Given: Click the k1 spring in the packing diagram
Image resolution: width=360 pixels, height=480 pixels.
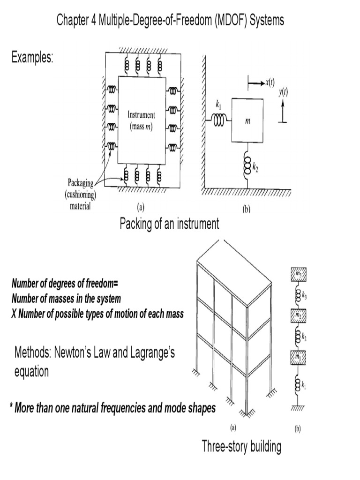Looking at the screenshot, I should click(x=219, y=120).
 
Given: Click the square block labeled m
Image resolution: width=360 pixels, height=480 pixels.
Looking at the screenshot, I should click(x=247, y=120).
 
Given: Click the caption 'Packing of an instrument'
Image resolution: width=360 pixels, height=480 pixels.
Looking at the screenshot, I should click(x=169, y=224).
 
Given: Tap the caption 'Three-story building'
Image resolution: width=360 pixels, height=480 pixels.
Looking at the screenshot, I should click(x=241, y=446).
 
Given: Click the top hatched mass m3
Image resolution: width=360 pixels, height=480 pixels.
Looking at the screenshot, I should click(x=297, y=273).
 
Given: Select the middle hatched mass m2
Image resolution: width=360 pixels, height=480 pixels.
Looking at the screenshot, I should click(x=297, y=315).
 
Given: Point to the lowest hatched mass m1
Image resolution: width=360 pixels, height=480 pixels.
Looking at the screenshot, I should click(x=297, y=357).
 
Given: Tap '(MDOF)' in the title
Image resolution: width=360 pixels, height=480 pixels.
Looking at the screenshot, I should click(x=227, y=21).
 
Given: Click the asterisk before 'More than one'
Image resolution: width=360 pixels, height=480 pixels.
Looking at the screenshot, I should click(x=10, y=406).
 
